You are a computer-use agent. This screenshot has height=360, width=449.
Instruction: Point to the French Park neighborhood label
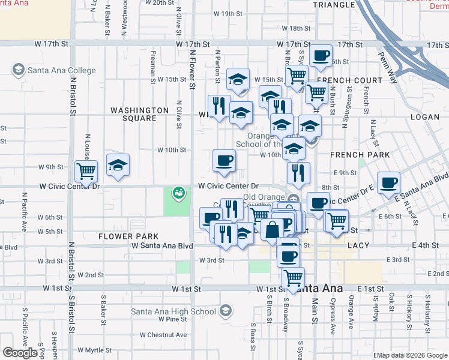(x=360, y=155)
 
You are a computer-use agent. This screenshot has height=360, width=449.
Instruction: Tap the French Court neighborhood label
(x=350, y=80)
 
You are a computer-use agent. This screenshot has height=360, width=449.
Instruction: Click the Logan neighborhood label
(x=425, y=117)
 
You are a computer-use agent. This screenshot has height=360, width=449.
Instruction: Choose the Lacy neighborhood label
(x=360, y=245)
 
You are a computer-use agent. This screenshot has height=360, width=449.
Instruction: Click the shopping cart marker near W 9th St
(x=86, y=171)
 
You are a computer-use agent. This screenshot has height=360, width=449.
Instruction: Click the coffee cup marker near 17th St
(x=321, y=55)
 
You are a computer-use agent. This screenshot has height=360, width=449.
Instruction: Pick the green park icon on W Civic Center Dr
(x=178, y=193)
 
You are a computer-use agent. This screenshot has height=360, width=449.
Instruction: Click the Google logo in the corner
(x=20, y=353)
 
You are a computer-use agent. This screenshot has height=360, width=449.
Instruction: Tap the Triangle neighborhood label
(x=335, y=5)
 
